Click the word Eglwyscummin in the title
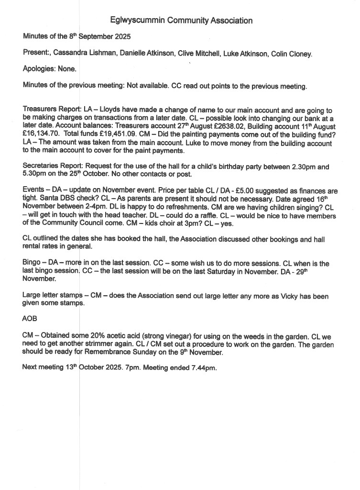coord(137,21)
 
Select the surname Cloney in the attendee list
coord(301,54)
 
